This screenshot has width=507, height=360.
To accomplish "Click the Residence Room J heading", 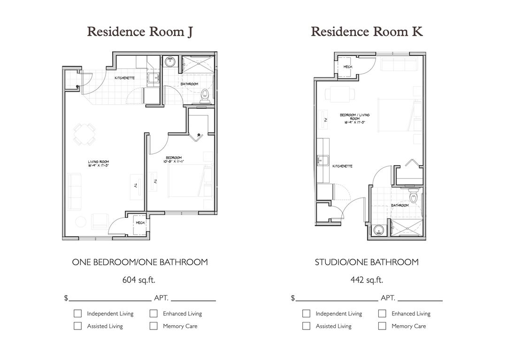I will pyautogui.click(x=139, y=32).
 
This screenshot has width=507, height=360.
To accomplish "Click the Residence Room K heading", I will pyautogui.click(x=367, y=32).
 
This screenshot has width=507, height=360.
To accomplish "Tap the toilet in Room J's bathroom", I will pyautogui.click(x=204, y=96).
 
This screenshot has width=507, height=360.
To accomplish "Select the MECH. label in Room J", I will pyautogui.click(x=140, y=222).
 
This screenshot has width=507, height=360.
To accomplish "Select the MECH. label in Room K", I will pyautogui.click(x=348, y=67).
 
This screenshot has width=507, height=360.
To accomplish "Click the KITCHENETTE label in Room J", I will pyautogui.click(x=125, y=78).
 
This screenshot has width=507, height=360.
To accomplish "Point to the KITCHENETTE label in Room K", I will pyautogui.click(x=342, y=166).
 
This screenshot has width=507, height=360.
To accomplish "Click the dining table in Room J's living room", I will pyautogui.click(x=85, y=135).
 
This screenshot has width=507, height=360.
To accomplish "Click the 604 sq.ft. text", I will pyautogui.click(x=139, y=280).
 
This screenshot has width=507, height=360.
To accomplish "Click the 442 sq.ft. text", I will pyautogui.click(x=367, y=280).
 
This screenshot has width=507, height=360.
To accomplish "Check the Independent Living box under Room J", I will pyautogui.click(x=78, y=314).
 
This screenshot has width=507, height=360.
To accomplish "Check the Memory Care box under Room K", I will pyautogui.click(x=382, y=326).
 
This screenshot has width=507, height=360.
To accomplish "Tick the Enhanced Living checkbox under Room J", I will pyautogui.click(x=154, y=314).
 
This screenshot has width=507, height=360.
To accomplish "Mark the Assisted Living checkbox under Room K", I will pyautogui.click(x=307, y=326).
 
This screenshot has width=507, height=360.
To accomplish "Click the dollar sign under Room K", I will pyautogui.click(x=293, y=298).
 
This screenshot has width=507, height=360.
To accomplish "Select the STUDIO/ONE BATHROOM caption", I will pyautogui.click(x=367, y=262).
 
